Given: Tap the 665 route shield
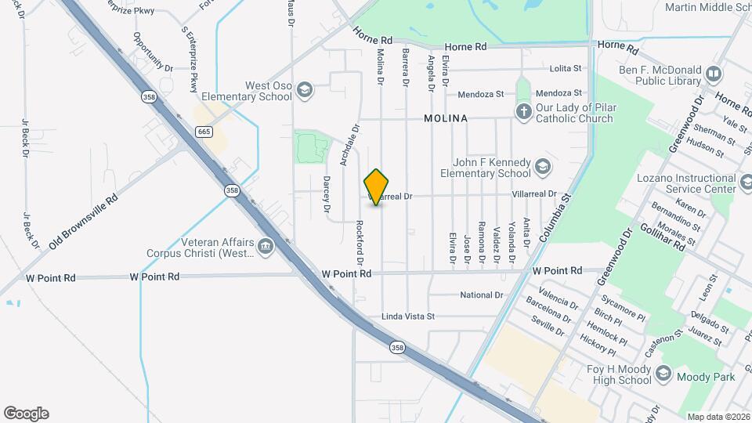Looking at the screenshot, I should pos(204,132).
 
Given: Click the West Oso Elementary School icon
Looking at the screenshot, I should pos(305,91).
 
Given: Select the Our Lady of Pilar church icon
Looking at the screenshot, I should pos(524,112).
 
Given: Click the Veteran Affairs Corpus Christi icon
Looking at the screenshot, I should pos(266,247).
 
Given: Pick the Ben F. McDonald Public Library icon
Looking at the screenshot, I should pos(713,74).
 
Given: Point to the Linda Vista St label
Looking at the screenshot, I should pos(407,316).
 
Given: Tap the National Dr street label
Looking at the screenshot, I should pos(481,295).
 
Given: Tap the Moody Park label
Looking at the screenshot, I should pos(707,378).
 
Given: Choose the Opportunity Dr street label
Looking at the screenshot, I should pos(152,52).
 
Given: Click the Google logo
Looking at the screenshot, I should pos(25,413).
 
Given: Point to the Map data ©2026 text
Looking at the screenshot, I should pos(718,417).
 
